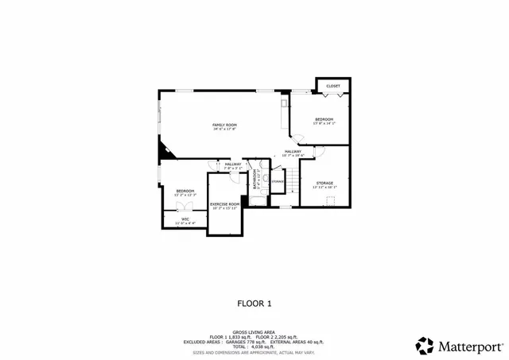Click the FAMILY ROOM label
(x=224, y=125)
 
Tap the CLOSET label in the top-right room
(x=333, y=86)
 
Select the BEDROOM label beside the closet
(x=324, y=119)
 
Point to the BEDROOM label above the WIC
(x=185, y=191)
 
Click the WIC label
(x=185, y=219)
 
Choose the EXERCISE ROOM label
(x=224, y=204)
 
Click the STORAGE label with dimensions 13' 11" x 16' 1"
(x=324, y=184)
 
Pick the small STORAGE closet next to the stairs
(x=278, y=182)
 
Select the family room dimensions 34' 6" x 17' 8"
(x=224, y=130)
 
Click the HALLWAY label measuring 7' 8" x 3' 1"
(x=233, y=165)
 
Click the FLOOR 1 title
(x=254, y=303)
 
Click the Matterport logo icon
(x=424, y=345)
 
